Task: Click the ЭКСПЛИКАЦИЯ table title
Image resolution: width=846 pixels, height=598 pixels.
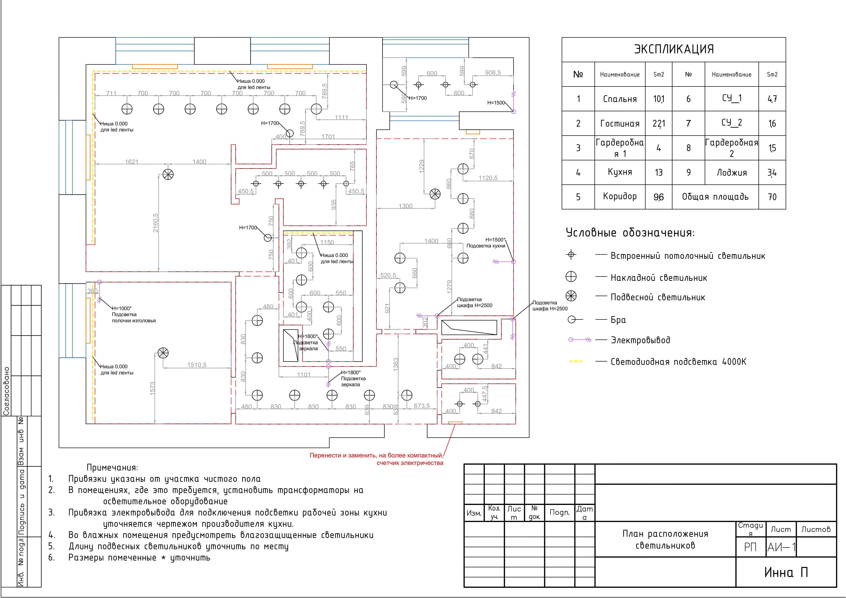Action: (673, 49)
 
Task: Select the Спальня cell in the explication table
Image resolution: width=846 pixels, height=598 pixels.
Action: (620, 99)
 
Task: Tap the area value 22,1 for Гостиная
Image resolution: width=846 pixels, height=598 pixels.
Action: (658, 123)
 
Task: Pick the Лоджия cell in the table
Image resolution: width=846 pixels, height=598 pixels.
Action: (731, 172)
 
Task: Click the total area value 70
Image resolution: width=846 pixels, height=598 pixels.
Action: (772, 197)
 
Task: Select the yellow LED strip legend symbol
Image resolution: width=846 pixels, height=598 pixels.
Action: (576, 361)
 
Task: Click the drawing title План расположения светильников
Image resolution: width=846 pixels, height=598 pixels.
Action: (665, 539)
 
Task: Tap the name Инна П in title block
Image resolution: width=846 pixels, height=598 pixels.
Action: (786, 572)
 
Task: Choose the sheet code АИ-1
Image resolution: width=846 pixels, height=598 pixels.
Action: (781, 547)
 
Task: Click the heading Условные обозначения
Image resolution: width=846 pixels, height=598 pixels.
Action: (630, 233)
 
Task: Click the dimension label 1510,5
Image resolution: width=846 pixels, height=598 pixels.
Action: (197, 365)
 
